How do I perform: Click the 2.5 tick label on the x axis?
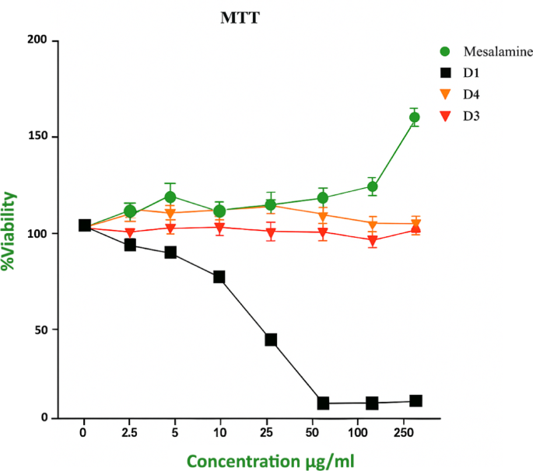coord(130,429)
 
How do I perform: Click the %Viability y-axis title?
coord(11,231)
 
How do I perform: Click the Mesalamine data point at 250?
coord(415,117)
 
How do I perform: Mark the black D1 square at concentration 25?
coord(271,340)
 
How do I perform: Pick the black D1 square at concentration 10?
coord(219,277)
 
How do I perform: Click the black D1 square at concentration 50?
coord(323,403)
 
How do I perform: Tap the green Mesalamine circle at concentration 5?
coord(170,197)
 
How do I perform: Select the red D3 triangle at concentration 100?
coord(373,240)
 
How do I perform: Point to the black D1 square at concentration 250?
coord(416,401)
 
